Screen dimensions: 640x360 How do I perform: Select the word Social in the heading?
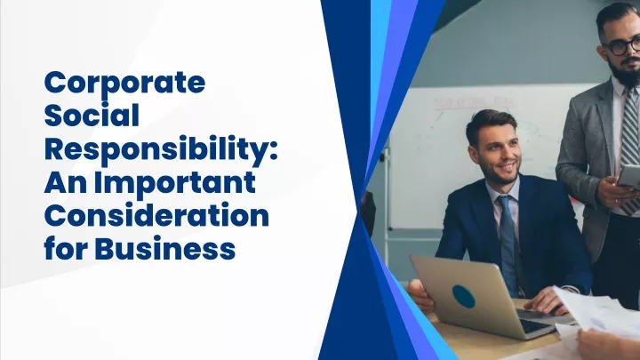(92, 115)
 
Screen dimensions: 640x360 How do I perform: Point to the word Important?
(175, 182)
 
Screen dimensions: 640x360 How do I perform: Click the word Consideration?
(156, 215)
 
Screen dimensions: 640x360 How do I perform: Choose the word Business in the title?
(165, 248)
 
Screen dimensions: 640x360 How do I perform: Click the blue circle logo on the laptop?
(464, 296)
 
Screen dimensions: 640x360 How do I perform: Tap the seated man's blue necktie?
(508, 242)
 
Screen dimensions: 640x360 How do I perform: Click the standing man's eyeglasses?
(624, 45)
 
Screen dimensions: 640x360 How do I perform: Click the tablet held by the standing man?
(628, 176)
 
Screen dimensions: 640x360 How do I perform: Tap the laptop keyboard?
(534, 325)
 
